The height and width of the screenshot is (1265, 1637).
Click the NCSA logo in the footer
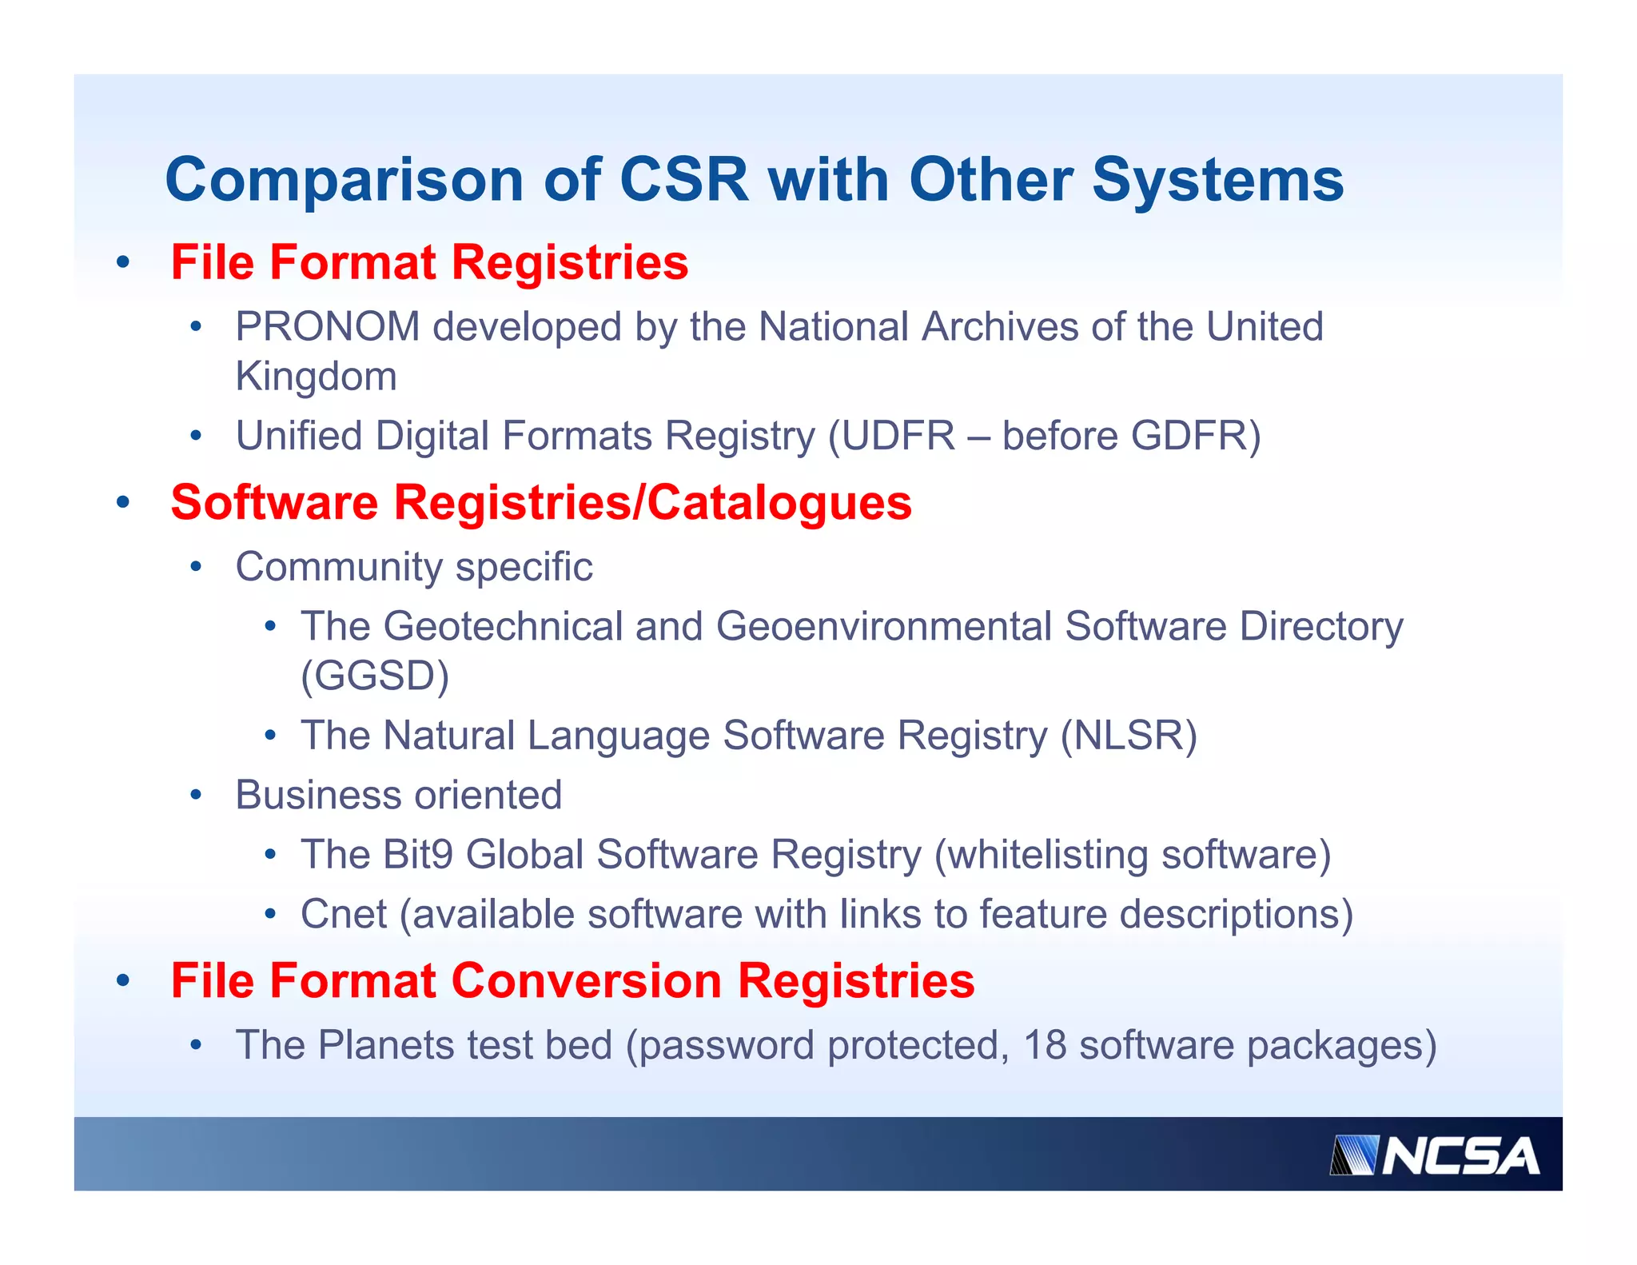point(1434,1156)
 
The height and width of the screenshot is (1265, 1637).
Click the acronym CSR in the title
point(684,179)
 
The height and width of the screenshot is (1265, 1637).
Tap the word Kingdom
point(316,377)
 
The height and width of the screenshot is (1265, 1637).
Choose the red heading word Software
point(274,502)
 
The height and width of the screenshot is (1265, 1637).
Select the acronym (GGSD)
point(375,676)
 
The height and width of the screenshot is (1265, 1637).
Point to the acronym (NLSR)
point(1129,736)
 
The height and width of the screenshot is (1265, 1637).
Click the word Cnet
point(344,914)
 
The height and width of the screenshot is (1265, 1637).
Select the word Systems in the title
point(1217,179)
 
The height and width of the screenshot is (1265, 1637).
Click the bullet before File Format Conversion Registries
point(122,980)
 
